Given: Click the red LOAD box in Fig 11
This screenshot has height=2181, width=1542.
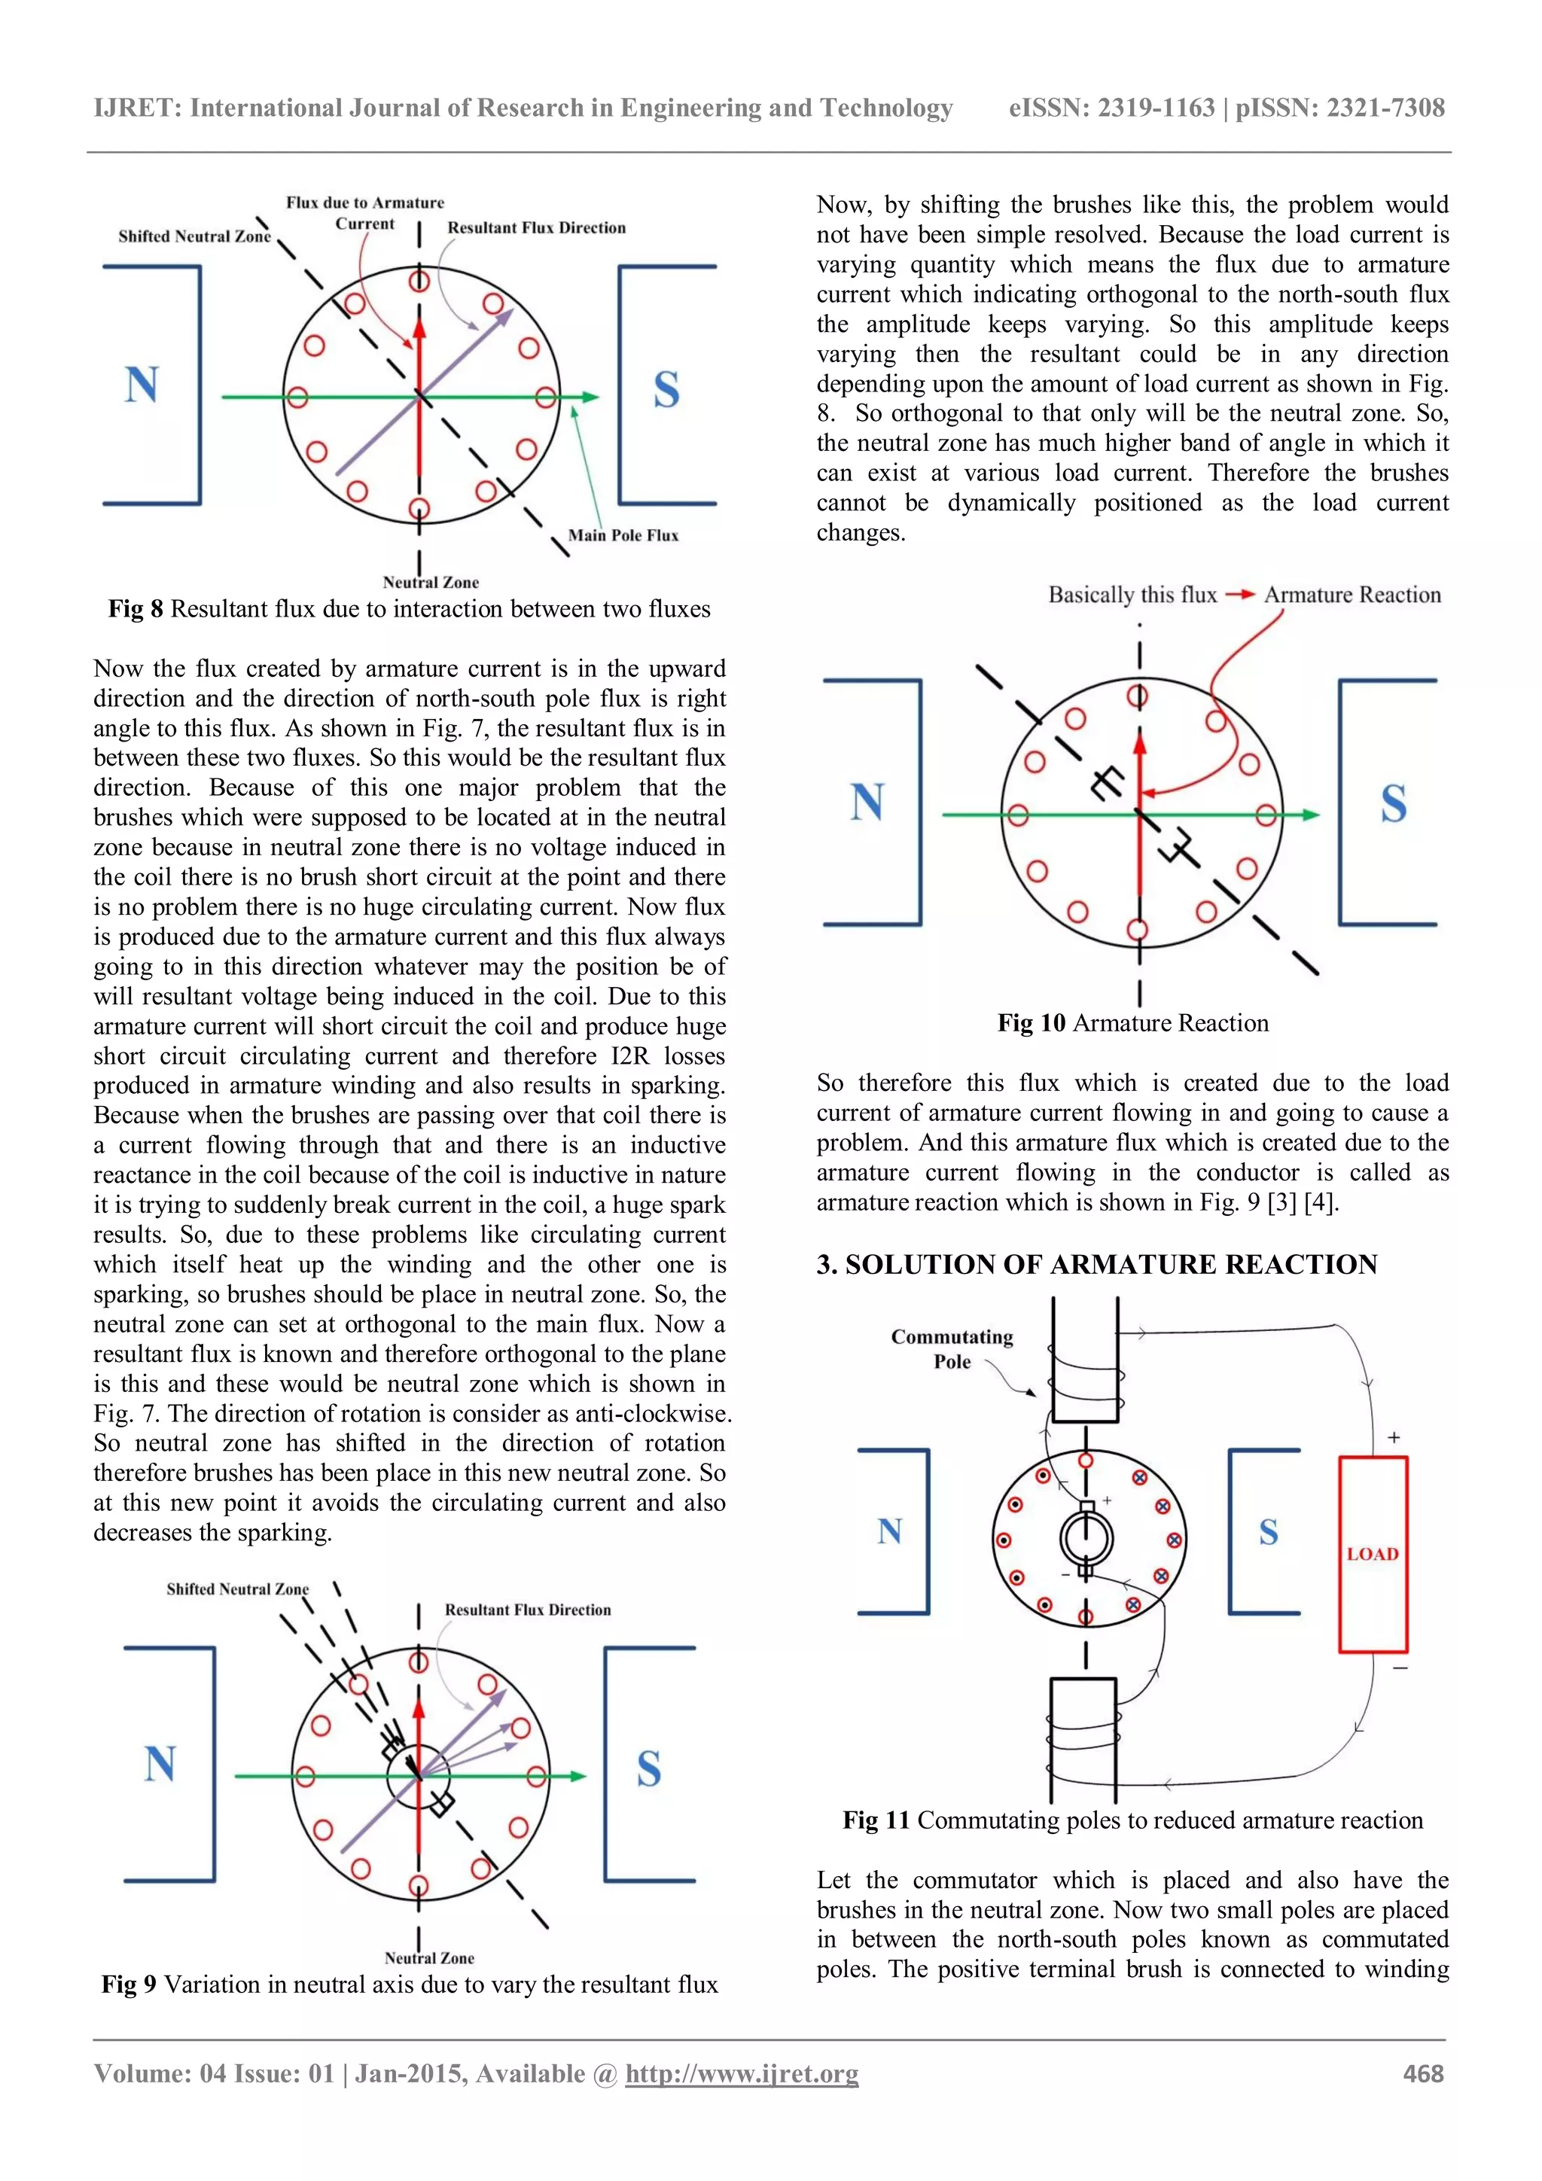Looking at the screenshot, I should coord(1372,1554).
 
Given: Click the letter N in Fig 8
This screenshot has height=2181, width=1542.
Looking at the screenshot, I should coord(142,385).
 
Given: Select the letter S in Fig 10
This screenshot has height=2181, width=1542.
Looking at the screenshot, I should coord(1393,803).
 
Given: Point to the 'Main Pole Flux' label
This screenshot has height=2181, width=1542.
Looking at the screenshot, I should coord(623,536).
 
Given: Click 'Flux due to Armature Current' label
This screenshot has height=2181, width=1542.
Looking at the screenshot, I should coord(365,213).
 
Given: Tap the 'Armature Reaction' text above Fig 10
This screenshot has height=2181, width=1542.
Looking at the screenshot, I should coord(1352,595).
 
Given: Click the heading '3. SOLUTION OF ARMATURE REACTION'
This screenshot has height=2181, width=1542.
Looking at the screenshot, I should coord(1096,1264).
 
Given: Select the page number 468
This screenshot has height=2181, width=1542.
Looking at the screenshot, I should coord(1422,2073).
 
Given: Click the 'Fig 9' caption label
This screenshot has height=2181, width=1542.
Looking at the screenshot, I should coord(130,1985).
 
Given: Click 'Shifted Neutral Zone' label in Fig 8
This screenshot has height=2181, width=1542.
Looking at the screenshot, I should coord(194,236).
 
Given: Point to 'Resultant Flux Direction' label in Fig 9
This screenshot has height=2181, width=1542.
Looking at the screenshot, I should coord(527,1609).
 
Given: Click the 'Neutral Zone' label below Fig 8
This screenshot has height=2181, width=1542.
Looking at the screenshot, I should coord(431,582).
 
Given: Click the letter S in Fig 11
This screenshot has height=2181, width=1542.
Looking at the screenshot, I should coord(1269,1532).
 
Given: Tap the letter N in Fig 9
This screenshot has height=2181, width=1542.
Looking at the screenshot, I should coord(160,1763).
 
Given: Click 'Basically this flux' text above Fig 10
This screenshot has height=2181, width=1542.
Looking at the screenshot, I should coord(1132,595).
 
